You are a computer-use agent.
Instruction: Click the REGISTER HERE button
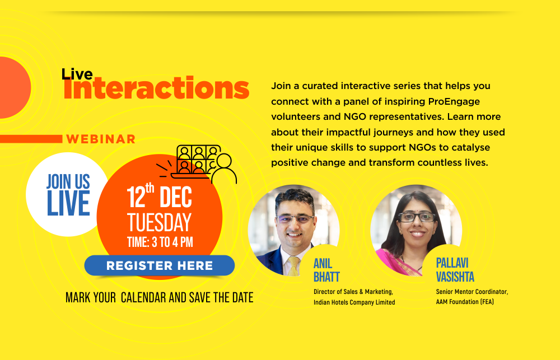click(x=159, y=265)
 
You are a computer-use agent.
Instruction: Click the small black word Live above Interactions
click(x=77, y=74)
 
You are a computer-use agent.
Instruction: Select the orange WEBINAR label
click(x=101, y=139)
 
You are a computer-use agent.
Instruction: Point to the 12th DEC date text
click(x=159, y=196)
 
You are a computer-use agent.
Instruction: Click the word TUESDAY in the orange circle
click(x=159, y=222)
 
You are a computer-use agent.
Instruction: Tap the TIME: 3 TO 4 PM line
click(x=160, y=242)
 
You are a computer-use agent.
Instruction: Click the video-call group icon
click(x=197, y=163)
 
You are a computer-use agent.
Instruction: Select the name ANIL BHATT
click(x=326, y=270)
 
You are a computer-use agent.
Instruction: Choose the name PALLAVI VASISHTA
click(x=455, y=270)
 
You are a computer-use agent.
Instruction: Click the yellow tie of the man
click(x=294, y=266)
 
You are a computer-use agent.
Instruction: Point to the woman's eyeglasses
click(x=417, y=217)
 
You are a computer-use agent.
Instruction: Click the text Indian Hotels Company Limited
click(x=354, y=302)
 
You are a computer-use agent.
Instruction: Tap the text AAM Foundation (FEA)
click(x=465, y=302)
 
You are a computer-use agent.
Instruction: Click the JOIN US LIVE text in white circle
click(x=68, y=195)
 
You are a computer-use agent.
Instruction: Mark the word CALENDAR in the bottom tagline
click(x=143, y=297)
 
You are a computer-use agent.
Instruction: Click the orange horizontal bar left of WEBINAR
click(x=31, y=139)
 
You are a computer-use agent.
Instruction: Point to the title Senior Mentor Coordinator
click(x=472, y=292)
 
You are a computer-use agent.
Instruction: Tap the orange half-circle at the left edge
click(x=15, y=87)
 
